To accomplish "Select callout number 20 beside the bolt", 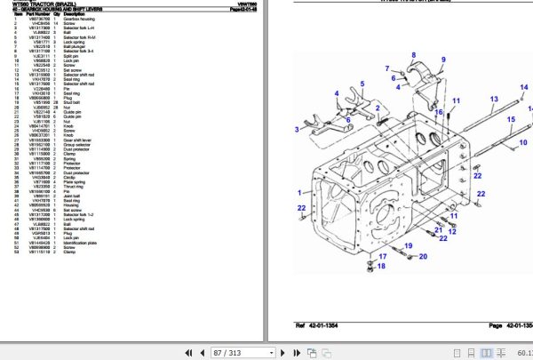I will [424, 256].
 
